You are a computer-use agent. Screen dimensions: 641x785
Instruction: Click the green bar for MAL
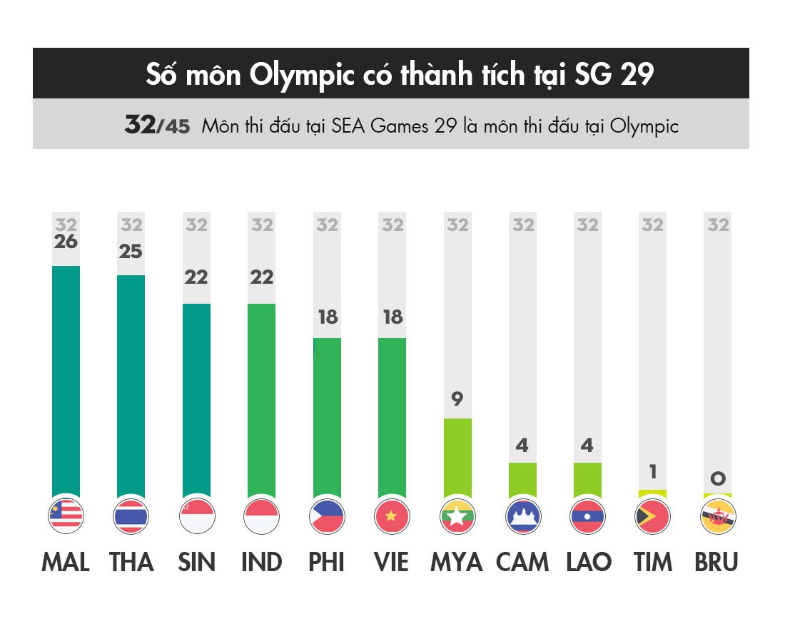coord(66,381)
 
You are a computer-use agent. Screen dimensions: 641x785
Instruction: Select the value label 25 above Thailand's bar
coord(131,252)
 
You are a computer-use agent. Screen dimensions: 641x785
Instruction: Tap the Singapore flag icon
coord(196,516)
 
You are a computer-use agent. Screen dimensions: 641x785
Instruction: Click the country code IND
coord(262,563)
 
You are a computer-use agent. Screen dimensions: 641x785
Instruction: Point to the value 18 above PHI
coord(328,317)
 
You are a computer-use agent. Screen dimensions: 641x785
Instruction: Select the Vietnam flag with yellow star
coord(392,516)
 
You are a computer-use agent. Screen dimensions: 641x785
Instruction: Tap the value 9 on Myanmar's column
coord(457,399)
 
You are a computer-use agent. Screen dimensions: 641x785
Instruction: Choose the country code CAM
coord(522,563)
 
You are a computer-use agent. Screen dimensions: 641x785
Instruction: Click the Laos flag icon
coord(587,516)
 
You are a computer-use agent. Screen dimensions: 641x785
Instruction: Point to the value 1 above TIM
coord(652,472)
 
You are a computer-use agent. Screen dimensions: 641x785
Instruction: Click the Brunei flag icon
coord(718,516)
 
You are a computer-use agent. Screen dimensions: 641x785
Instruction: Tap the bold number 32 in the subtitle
coord(140,125)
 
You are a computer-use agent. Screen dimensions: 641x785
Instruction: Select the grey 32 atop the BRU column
coord(718,225)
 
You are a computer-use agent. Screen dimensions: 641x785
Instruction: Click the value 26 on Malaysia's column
coord(66,242)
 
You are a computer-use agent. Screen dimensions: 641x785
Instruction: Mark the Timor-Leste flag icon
coord(652,516)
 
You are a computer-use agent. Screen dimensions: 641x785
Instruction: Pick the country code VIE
coord(392,563)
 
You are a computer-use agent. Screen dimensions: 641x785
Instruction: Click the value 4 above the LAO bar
coord(587,446)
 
